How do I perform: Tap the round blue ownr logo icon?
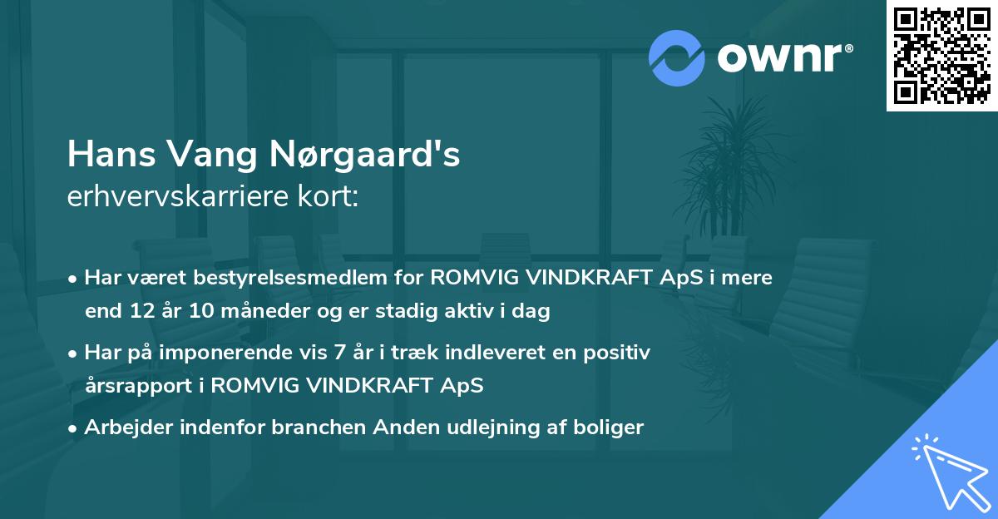(x=677, y=57)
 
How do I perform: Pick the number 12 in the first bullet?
(x=138, y=312)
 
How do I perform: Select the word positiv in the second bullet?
(x=619, y=352)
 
